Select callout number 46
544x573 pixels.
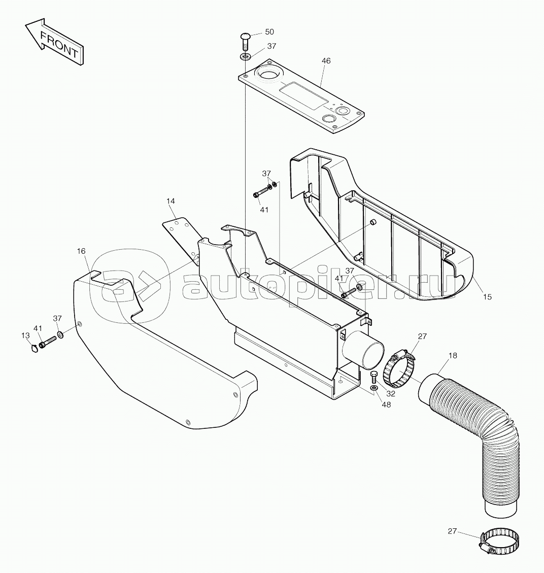point(326,61)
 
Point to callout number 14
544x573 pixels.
point(171,201)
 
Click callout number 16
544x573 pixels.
point(81,251)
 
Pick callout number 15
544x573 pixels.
point(487,297)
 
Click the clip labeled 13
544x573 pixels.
point(35,348)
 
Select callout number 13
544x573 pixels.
point(25,335)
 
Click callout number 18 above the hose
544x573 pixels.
point(452,355)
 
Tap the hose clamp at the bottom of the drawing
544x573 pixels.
point(499,540)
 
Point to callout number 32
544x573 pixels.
point(391,394)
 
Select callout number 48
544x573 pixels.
point(386,405)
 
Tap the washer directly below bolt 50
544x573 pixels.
point(246,57)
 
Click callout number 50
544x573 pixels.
point(269,32)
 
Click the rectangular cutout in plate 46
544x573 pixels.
point(302,94)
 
